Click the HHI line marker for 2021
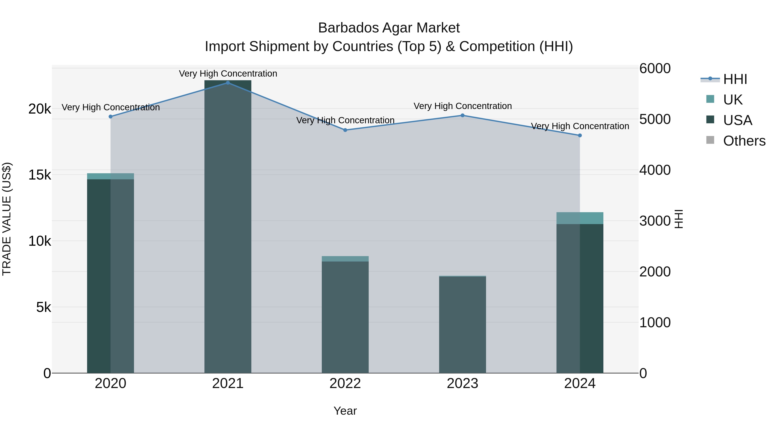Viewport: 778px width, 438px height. click(x=228, y=83)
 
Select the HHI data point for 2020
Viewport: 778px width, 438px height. click(x=110, y=117)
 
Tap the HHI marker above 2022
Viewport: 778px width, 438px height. click(x=345, y=130)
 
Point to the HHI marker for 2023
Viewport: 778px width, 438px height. click(x=462, y=116)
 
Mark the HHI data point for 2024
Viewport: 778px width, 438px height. click(x=580, y=135)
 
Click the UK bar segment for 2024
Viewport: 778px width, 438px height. click(x=580, y=218)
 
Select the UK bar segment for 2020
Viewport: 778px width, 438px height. click(x=110, y=176)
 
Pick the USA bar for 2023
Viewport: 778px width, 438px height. click(x=462, y=325)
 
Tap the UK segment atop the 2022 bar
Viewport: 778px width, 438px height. click(x=345, y=259)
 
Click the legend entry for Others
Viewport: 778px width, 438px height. click(x=744, y=141)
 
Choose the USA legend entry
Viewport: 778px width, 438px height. click(x=738, y=120)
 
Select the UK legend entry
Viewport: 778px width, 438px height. click(x=733, y=100)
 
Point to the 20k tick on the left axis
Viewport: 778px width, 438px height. click(x=40, y=109)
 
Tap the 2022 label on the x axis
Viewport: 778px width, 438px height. click(x=345, y=383)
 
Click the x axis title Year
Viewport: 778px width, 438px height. click(x=345, y=411)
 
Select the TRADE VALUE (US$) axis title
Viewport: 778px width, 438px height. click(x=7, y=219)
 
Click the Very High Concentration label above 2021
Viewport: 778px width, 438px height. click(x=228, y=74)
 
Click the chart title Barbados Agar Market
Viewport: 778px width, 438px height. click(x=389, y=28)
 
